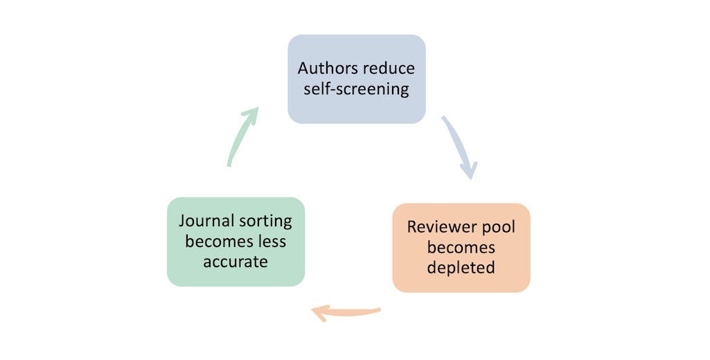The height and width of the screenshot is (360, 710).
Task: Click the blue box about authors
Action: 356,79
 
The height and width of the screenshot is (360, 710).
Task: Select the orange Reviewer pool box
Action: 461,247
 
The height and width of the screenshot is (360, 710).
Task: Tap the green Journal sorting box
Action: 236,242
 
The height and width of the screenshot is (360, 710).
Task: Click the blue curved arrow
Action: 459,145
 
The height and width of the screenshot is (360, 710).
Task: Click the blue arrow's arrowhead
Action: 470,169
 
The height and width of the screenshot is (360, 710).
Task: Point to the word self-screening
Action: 356,89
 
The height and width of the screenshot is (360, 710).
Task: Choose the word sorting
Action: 265,222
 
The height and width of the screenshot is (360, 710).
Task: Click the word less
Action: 270,242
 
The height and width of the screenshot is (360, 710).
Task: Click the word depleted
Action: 461,267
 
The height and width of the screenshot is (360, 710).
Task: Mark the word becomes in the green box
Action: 216,242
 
